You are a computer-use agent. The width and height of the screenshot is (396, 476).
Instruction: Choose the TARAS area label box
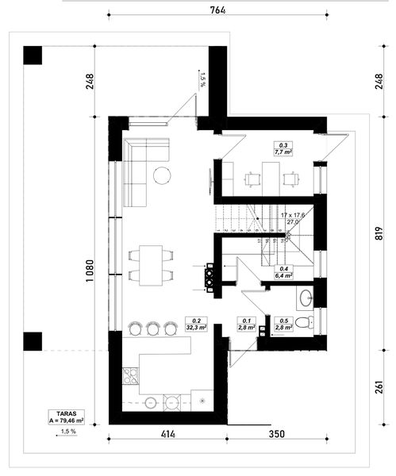(x=67, y=416)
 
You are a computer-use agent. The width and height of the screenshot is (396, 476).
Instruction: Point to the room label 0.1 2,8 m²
(x=246, y=323)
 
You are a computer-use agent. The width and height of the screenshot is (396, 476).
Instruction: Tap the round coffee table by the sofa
(x=163, y=175)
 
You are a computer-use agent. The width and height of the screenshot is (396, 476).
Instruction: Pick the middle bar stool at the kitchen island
(x=152, y=326)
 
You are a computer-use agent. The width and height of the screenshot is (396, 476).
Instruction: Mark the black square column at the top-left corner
(x=33, y=56)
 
